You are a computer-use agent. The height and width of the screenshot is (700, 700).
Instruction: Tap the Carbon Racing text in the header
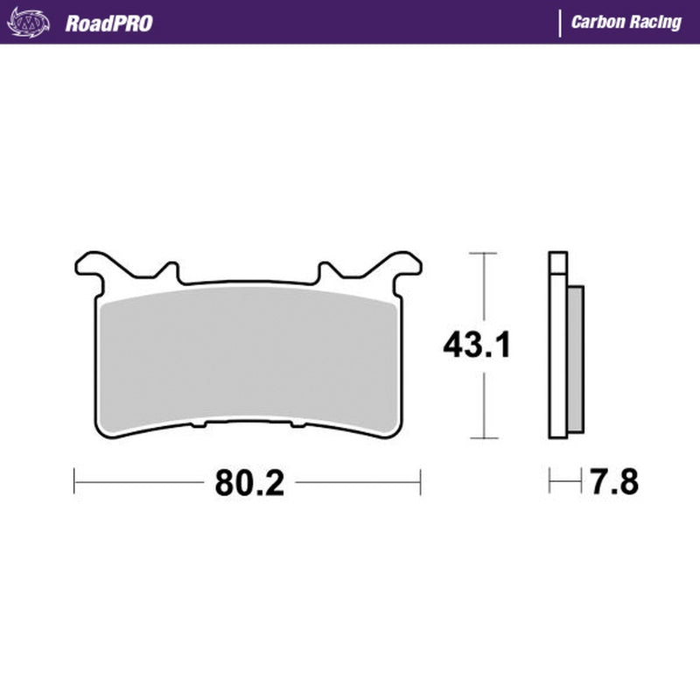[x=626, y=23]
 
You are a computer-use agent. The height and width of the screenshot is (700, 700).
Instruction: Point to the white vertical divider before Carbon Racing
[x=559, y=23]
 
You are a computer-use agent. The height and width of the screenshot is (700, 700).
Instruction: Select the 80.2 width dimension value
[x=248, y=482]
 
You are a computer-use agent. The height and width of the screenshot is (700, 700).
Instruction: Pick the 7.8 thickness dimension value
[x=612, y=482]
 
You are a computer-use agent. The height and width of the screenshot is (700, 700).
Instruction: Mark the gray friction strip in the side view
[x=575, y=359]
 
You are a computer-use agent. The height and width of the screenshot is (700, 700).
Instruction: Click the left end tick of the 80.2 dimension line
[x=75, y=481]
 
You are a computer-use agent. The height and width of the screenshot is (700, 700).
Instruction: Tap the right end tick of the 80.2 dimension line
[x=421, y=481]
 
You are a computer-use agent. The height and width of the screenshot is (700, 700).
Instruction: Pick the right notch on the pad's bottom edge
[x=297, y=425]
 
